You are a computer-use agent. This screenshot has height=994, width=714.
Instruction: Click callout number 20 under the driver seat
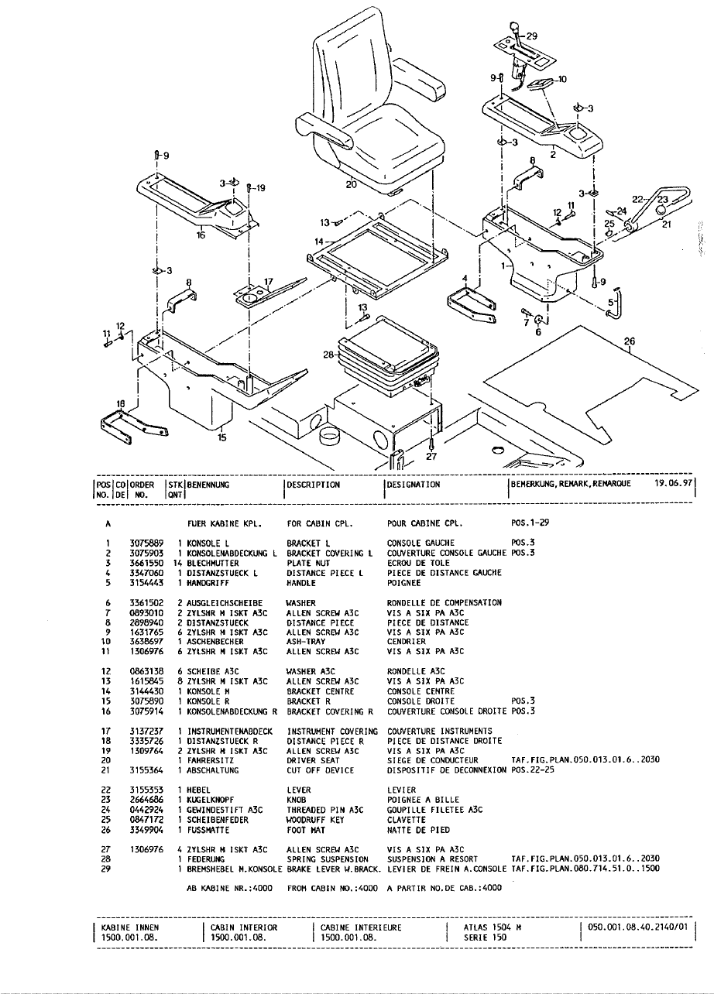click(352, 185)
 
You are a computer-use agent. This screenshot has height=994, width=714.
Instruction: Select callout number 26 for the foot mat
click(628, 341)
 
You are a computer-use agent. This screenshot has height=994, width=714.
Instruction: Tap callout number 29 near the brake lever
click(530, 36)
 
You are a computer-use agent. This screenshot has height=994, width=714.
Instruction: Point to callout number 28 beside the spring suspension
click(330, 355)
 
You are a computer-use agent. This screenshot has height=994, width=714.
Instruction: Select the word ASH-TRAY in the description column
click(307, 642)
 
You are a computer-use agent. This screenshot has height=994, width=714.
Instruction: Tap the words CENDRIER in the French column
click(406, 642)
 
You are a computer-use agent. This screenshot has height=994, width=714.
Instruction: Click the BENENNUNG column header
click(212, 485)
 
